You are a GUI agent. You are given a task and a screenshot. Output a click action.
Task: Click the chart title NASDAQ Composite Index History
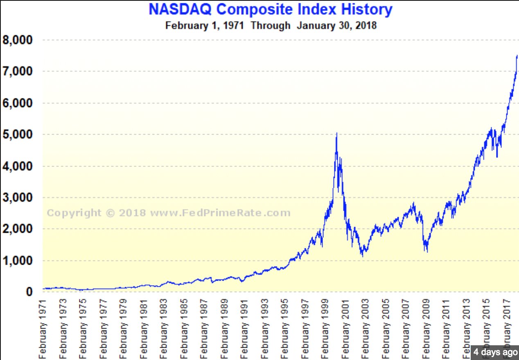pyautogui.click(x=270, y=9)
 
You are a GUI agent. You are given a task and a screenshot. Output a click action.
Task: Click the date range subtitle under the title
pyautogui.click(x=271, y=25)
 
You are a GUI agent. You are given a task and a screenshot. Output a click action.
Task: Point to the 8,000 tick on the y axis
pyautogui.click(x=18, y=40)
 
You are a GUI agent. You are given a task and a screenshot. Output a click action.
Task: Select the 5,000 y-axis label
pyautogui.click(x=18, y=135)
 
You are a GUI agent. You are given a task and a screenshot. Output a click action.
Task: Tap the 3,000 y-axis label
pyautogui.click(x=18, y=198)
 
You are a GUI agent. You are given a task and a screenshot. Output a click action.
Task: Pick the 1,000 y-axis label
pyautogui.click(x=18, y=261)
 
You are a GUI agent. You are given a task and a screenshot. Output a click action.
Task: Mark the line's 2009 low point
pyautogui.click(x=427, y=252)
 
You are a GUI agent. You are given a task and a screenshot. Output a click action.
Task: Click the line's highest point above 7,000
pyautogui.click(x=517, y=56)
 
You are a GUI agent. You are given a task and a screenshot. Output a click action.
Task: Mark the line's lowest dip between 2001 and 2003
pyautogui.click(x=362, y=256)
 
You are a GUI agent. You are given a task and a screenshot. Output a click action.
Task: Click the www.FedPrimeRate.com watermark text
pyautogui.click(x=220, y=213)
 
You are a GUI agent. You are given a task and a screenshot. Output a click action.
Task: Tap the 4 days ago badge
pyautogui.click(x=495, y=352)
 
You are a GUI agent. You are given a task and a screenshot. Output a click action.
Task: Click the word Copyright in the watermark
pyautogui.click(x=68, y=213)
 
